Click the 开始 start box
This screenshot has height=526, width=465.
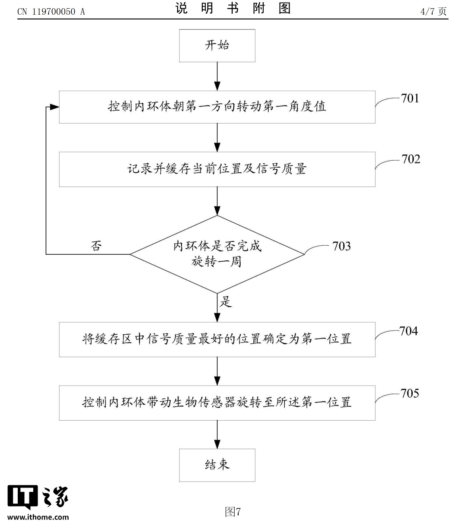[217, 45]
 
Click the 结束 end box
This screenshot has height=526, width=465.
[217, 465]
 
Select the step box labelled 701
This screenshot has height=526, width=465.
[217, 107]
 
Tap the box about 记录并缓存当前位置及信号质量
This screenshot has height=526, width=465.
[217, 169]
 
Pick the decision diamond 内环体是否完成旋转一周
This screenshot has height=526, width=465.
[217, 254]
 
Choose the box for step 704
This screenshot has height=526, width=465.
[217, 339]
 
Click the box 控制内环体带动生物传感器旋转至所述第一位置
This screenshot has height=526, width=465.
[217, 402]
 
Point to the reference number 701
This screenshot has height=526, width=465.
[410, 98]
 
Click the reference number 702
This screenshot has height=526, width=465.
[411, 159]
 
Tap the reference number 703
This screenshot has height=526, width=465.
[341, 246]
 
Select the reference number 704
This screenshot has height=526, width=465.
[408, 331]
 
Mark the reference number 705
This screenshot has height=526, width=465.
[409, 393]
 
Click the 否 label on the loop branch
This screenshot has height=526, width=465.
[96, 246]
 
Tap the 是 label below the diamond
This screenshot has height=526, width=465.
[226, 301]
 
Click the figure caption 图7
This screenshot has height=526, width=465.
[233, 512]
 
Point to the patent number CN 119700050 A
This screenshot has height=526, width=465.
[51, 12]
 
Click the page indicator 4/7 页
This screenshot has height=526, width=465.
[433, 12]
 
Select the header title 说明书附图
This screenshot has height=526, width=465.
[233, 9]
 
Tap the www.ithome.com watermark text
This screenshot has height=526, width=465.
[38, 517]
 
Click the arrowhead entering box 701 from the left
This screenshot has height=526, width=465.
[54, 107]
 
